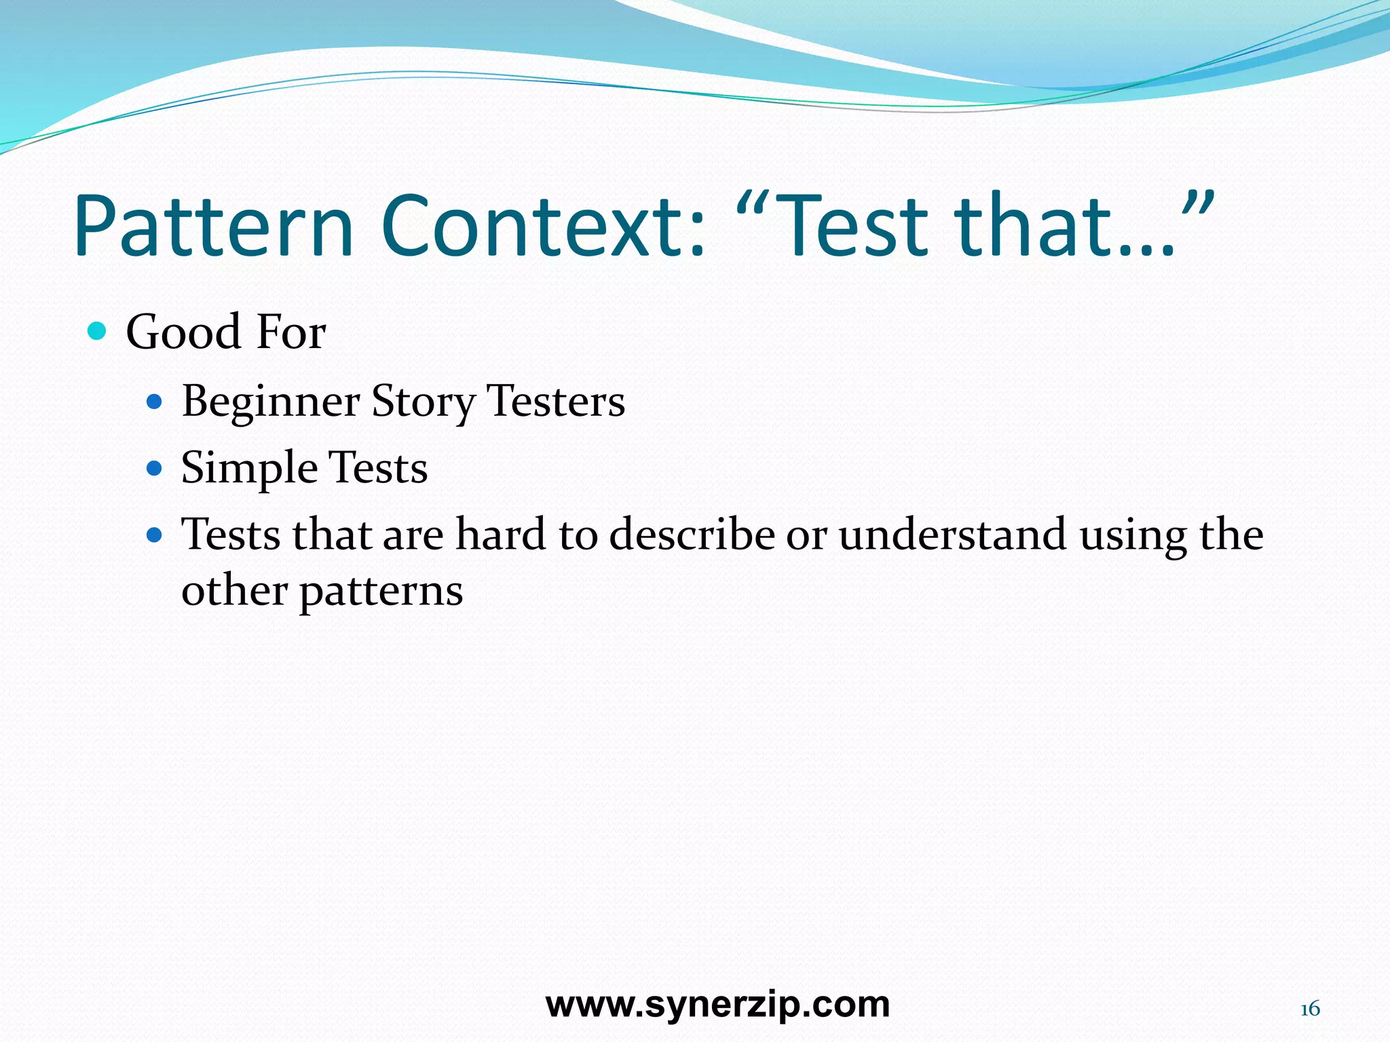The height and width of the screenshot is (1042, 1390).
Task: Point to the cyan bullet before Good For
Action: coord(98,332)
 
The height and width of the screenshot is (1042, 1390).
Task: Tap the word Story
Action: coord(424,402)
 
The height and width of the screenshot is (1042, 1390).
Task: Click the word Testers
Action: coord(556,402)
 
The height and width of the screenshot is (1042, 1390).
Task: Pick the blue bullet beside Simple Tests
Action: coord(155,468)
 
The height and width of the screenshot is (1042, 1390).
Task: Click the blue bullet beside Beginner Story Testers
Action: coord(155,402)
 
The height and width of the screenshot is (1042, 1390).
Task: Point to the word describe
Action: coord(692,535)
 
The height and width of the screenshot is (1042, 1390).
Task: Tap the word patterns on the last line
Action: coord(381,591)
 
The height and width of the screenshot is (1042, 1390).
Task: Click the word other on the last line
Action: coord(234,591)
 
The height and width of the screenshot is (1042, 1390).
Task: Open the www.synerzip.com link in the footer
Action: coord(717,1004)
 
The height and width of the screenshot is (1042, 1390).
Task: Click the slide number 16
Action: coord(1309,1009)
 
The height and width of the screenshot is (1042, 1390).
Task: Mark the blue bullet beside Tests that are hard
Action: coord(155,535)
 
